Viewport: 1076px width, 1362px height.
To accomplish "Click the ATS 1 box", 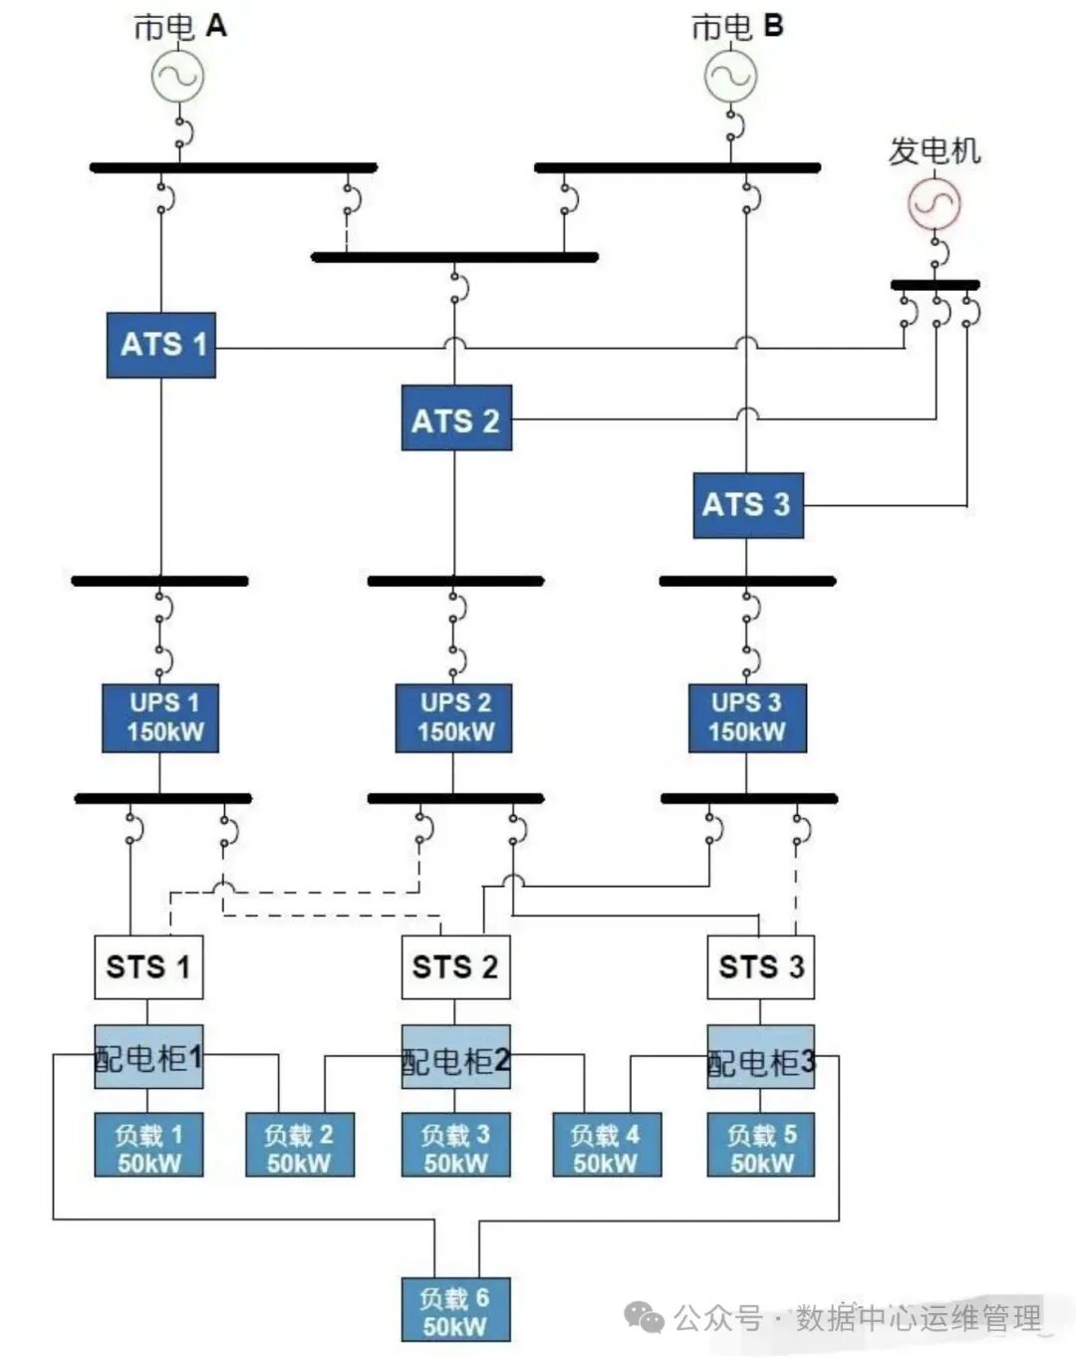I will pyautogui.click(x=161, y=345).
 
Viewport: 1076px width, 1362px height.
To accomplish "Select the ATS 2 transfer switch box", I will pyautogui.click(x=456, y=418).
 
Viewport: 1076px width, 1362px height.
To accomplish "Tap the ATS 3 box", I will pyautogui.click(x=748, y=505).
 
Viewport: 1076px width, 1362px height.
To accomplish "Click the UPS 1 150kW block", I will pyautogui.click(x=160, y=717).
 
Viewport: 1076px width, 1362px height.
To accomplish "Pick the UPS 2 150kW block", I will pyautogui.click(x=454, y=717).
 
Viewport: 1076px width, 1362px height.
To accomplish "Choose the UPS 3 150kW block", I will pyautogui.click(x=747, y=717).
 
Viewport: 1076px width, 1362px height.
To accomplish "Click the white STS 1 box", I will pyautogui.click(x=148, y=966).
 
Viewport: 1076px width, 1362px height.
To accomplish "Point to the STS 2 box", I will pyautogui.click(x=455, y=966).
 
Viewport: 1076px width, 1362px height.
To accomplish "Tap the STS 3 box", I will pyautogui.click(x=761, y=966).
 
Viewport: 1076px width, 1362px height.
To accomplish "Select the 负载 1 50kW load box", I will pyautogui.click(x=148, y=1145).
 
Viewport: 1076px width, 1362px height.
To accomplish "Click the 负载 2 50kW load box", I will pyautogui.click(x=300, y=1145).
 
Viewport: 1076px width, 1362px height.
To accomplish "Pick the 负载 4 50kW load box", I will pyautogui.click(x=607, y=1145).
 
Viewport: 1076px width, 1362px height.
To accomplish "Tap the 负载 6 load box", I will pyautogui.click(x=455, y=1309).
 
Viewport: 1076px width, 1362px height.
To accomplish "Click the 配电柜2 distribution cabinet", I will pyautogui.click(x=455, y=1057).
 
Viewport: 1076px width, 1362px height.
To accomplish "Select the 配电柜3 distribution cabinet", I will pyautogui.click(x=761, y=1057).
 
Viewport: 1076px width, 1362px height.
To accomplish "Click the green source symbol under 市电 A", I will pyautogui.click(x=178, y=76).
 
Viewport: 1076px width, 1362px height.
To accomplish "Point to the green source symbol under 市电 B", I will pyautogui.click(x=730, y=76).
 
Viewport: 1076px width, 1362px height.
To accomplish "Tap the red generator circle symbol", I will pyautogui.click(x=934, y=203).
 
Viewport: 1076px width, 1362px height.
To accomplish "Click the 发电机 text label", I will pyautogui.click(x=935, y=151).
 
